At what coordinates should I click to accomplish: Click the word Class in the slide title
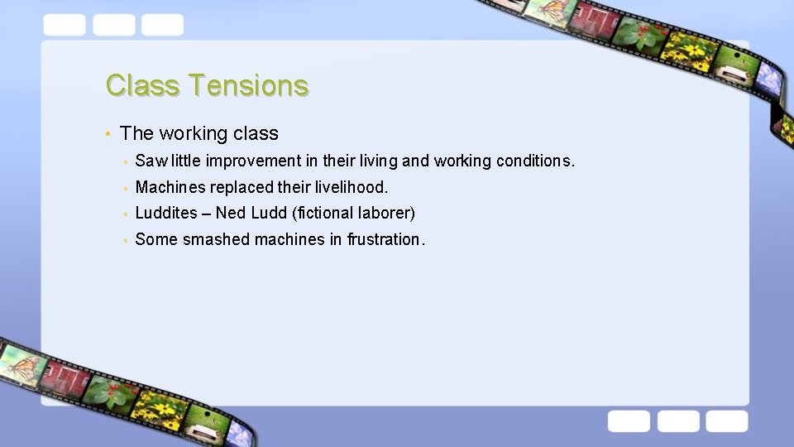pyautogui.click(x=142, y=85)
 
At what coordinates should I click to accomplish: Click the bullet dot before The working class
pyautogui.click(x=108, y=134)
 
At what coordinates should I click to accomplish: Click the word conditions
pyautogui.click(x=534, y=161)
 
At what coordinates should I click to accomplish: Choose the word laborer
pyautogui.click(x=387, y=214)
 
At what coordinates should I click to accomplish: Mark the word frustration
pyautogui.click(x=385, y=240)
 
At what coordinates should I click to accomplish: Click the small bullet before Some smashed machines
pyautogui.click(x=124, y=241)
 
